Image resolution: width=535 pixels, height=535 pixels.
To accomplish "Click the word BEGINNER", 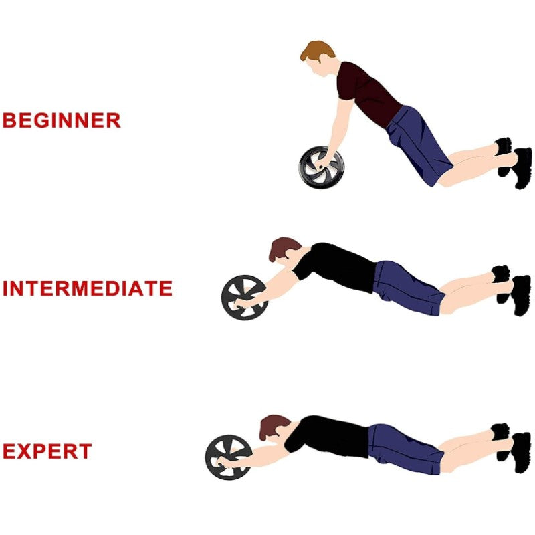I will [x=62, y=121].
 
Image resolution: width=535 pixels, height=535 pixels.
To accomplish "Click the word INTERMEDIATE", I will [x=88, y=289].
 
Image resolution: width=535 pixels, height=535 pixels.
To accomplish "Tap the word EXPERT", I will [x=47, y=451].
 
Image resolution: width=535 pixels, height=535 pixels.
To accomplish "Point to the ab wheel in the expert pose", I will [x=228, y=457].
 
